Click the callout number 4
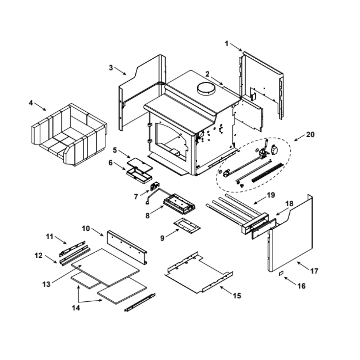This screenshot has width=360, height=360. click(31, 103)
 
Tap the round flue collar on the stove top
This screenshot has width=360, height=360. click(206, 89)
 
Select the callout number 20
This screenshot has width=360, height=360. click(310, 135)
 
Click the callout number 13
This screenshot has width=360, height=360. click(46, 284)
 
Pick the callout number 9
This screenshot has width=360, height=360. click(162, 238)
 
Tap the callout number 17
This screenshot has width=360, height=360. click(314, 271)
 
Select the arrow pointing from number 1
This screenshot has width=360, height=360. click(236, 47)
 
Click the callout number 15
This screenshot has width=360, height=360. click(237, 296)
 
